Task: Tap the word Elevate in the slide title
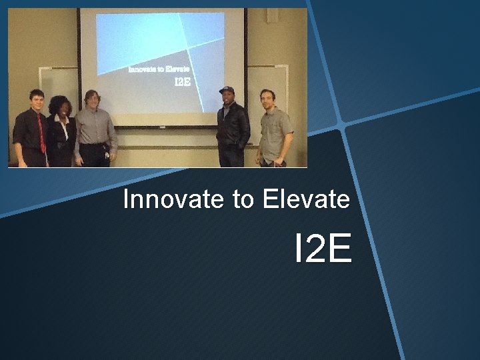click(x=306, y=199)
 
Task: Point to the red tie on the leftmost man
click(x=41, y=134)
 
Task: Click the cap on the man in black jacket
click(x=227, y=90)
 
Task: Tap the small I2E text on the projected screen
click(x=182, y=83)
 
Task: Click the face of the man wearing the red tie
click(x=36, y=102)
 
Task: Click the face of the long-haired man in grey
click(x=91, y=101)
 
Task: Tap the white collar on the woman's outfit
click(x=63, y=124)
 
